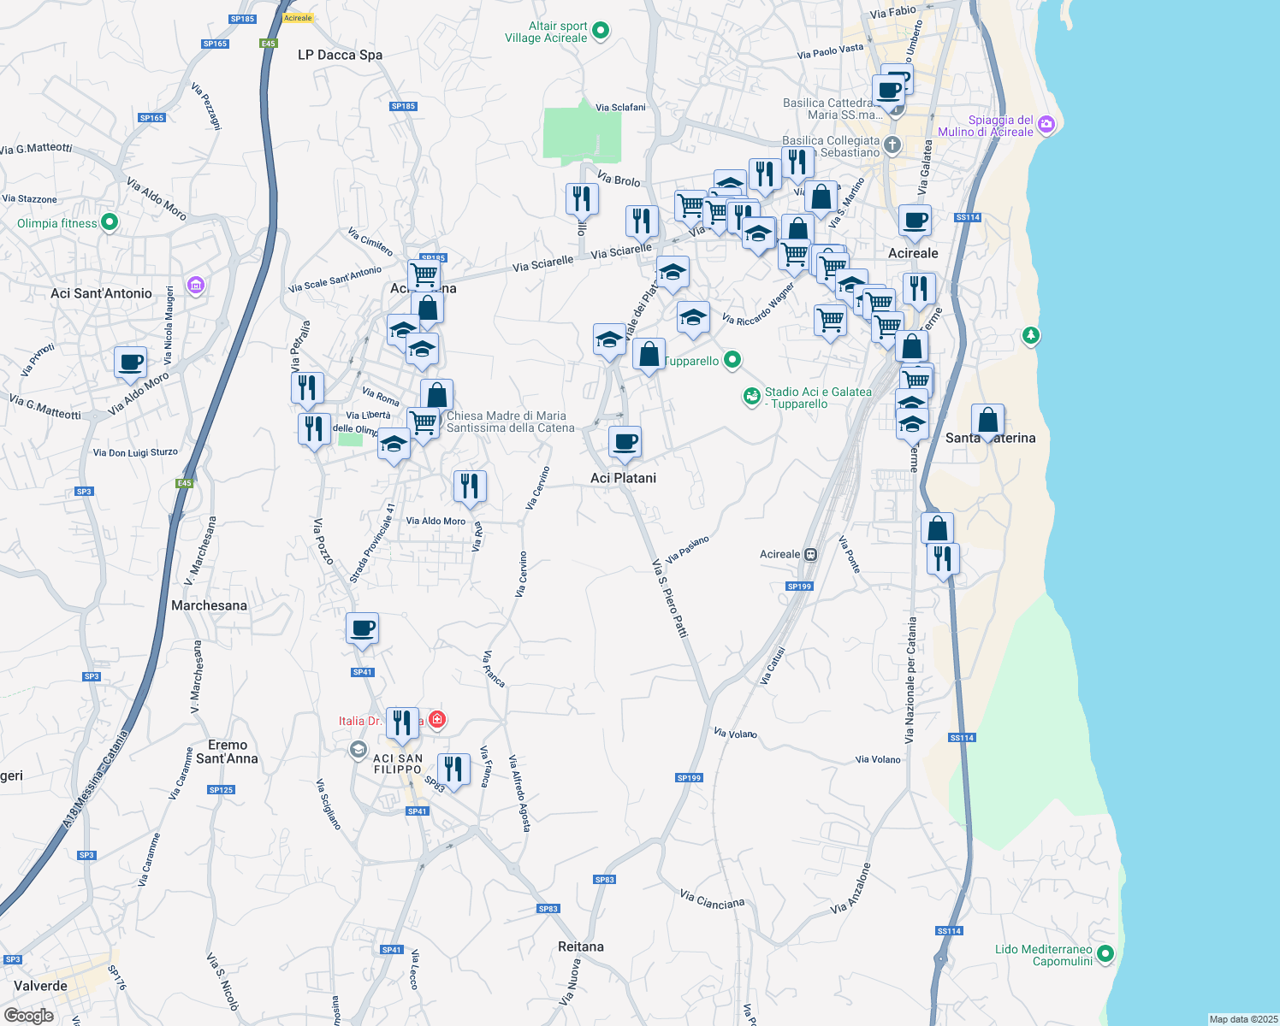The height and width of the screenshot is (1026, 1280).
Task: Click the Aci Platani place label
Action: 623,478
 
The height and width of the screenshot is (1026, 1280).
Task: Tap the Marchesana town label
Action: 209,605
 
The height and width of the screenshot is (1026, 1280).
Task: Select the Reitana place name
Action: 580,946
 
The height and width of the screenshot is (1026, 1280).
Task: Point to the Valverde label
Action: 41,986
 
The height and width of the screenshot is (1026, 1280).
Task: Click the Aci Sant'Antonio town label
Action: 101,293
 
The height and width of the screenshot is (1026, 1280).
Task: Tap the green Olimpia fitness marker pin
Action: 109,223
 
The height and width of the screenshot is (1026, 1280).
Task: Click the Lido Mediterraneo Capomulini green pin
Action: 1105,953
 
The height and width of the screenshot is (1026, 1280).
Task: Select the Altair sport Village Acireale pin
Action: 601,31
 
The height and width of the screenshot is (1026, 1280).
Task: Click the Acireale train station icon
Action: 811,554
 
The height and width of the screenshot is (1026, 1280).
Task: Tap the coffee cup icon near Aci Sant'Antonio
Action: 131,362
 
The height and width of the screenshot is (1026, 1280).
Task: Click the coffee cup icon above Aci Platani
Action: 625,442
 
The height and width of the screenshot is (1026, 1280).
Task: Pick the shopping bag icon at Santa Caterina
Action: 987,420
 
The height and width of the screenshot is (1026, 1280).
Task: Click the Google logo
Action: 29,1016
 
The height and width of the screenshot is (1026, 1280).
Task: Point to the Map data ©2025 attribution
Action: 1242,1019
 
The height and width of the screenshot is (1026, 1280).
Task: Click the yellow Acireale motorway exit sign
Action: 298,18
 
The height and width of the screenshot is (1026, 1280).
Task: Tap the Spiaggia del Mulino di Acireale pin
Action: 1046,125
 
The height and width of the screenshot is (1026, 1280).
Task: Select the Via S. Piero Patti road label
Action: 670,598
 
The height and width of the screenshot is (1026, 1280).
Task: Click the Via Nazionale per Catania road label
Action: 911,680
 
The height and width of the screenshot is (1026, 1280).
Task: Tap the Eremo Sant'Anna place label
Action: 227,752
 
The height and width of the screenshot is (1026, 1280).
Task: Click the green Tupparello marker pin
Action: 732,360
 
